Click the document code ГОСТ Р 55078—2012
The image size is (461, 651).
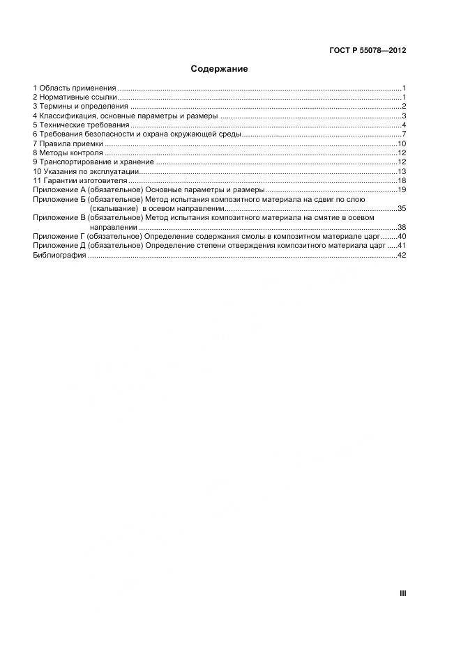pyautogui.click(x=367, y=50)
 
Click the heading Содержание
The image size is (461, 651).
pyautogui.click(x=219, y=70)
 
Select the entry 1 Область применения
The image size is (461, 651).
pyautogui.click(x=75, y=88)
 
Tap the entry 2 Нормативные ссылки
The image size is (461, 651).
pyautogui.click(x=75, y=97)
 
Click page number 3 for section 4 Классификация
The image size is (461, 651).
pyautogui.click(x=404, y=116)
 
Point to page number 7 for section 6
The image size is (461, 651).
pyautogui.click(x=404, y=134)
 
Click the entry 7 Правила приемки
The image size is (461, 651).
pyautogui.click(x=68, y=143)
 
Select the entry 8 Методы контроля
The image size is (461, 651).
pyautogui.click(x=68, y=152)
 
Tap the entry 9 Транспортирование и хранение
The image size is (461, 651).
pyautogui.click(x=93, y=162)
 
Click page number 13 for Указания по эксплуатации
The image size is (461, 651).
pyautogui.click(x=402, y=171)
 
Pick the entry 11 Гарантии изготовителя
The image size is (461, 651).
pyautogui.click(x=80, y=180)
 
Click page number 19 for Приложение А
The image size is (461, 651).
pyautogui.click(x=402, y=189)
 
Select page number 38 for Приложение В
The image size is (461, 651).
pyautogui.click(x=402, y=227)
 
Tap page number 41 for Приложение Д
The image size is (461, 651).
pyautogui.click(x=402, y=246)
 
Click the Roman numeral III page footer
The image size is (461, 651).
pyautogui.click(x=402, y=593)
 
